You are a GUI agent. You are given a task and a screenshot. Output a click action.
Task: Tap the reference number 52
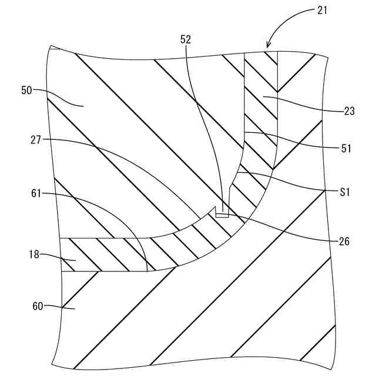click(186, 39)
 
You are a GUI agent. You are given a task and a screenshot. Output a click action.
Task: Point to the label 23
click(350, 112)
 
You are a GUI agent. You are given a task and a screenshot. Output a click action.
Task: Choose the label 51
click(345, 149)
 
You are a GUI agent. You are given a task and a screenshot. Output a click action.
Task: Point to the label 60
click(36, 305)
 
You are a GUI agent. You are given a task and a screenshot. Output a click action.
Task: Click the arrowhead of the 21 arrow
click(268, 46)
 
